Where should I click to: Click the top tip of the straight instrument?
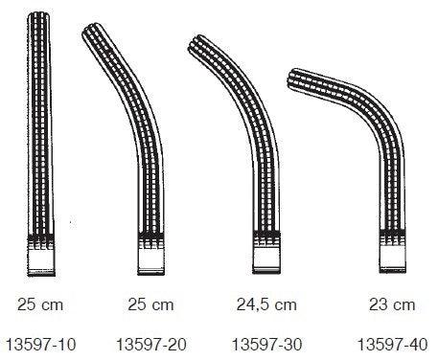tap(40, 16)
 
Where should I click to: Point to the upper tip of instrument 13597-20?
tap(94, 32)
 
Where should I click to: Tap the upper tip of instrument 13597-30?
tap(198, 46)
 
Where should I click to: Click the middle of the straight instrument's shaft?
tap(40, 124)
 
